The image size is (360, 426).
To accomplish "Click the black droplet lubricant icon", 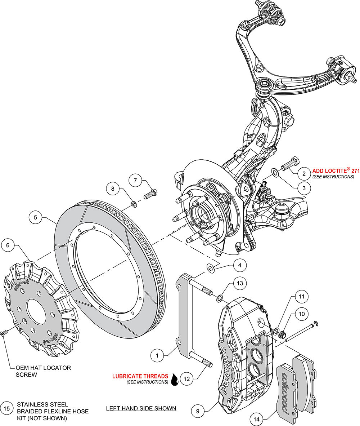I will [175, 379].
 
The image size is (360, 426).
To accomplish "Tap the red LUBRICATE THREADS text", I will [140, 376].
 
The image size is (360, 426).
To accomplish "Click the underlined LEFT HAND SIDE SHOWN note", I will [141, 408].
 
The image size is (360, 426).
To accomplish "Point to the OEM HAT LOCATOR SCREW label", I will [43, 371].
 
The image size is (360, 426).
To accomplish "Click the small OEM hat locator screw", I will [3, 334].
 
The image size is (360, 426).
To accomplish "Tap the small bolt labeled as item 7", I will [150, 194].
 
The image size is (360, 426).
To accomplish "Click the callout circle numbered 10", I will [301, 314].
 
